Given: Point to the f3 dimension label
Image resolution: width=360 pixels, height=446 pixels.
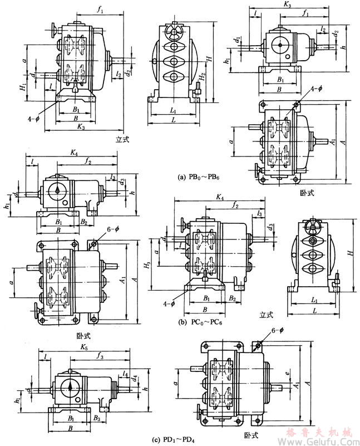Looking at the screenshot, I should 100,355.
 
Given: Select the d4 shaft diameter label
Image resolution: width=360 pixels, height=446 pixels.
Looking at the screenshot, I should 136,379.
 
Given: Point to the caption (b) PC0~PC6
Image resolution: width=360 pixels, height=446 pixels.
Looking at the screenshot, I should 200,322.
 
